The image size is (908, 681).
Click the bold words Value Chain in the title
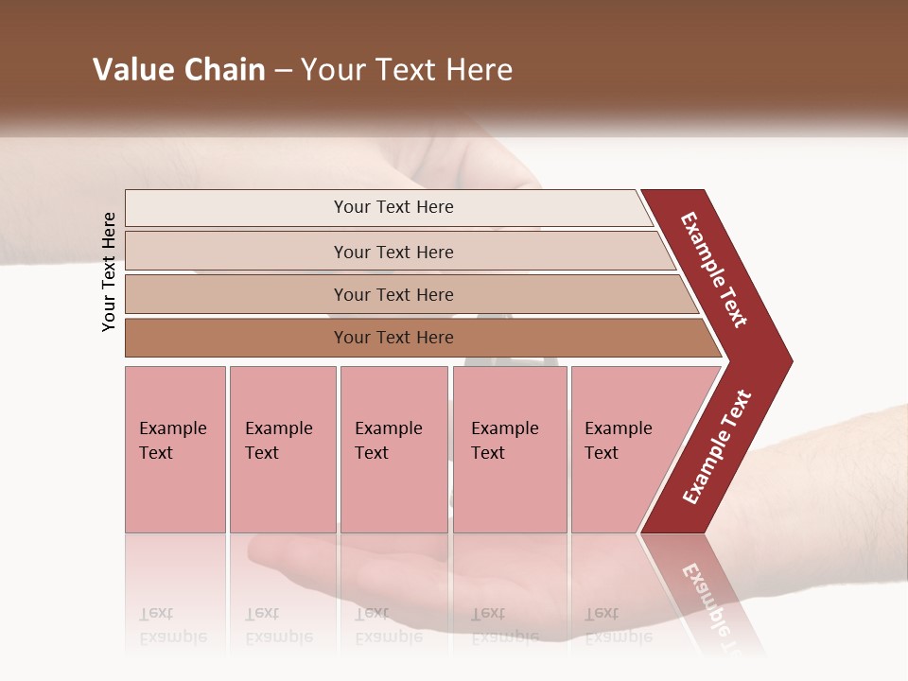click(179, 70)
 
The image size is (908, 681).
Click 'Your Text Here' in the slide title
click(407, 70)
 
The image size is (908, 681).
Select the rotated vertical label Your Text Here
click(109, 271)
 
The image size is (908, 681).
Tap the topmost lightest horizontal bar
click(393, 207)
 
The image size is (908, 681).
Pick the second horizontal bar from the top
click(393, 252)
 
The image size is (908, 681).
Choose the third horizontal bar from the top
click(393, 294)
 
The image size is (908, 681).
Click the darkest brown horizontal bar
click(393, 338)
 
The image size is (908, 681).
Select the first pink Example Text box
click(175, 449)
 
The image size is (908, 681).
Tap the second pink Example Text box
click(282, 449)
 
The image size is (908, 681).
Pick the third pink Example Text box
click(393, 449)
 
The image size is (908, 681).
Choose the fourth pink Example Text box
click(510, 449)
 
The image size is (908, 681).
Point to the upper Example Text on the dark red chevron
click(715, 270)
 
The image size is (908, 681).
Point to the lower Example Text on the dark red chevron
click(717, 446)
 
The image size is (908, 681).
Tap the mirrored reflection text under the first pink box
click(172, 626)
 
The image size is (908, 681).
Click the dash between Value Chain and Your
click(283, 71)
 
